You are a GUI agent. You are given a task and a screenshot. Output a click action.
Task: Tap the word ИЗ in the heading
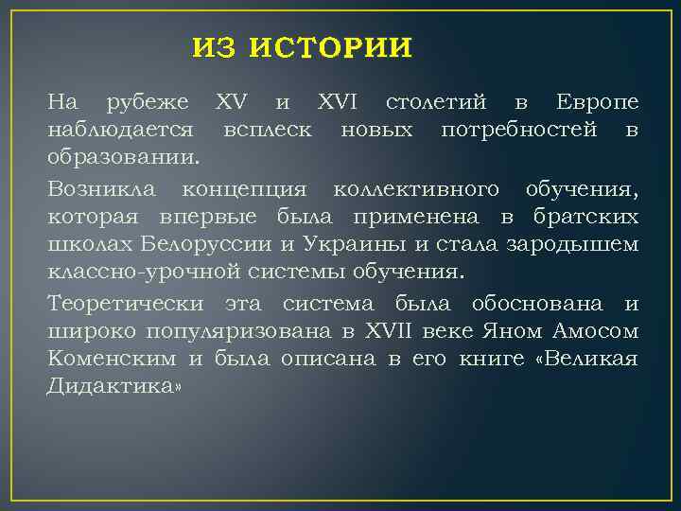(215, 47)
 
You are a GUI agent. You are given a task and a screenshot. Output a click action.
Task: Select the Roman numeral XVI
(340, 101)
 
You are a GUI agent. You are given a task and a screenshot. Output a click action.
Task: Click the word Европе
(597, 101)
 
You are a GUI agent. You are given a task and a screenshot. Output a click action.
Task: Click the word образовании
(124, 153)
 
